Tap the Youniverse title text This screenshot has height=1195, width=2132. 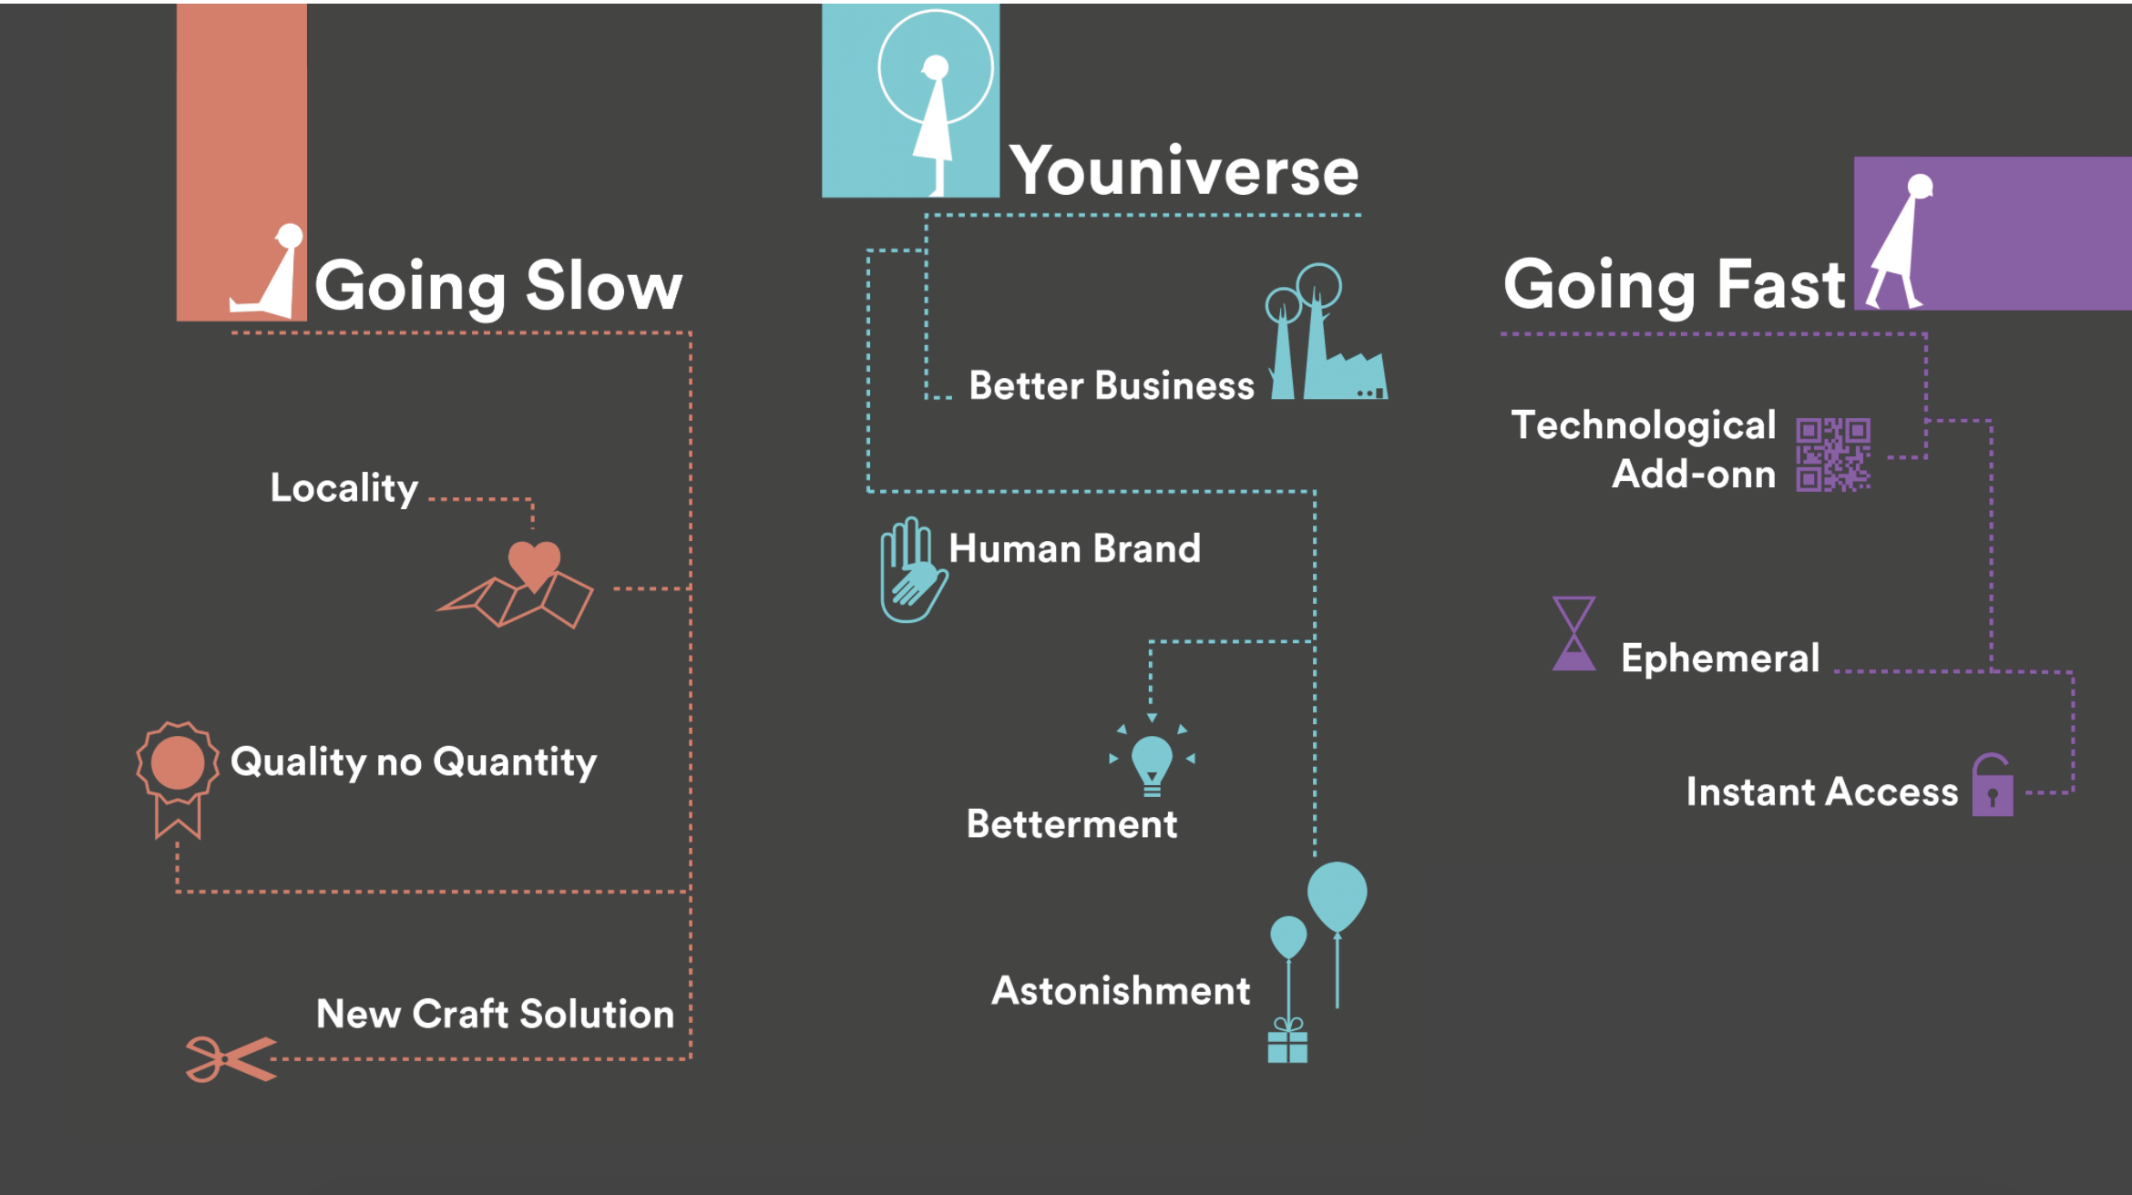[x=1184, y=170]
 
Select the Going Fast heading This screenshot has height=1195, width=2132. [x=1675, y=286]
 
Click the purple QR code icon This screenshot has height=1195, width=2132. [x=1833, y=455]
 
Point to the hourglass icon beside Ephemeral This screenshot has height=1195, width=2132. [x=1573, y=634]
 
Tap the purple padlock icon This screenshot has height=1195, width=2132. [x=1993, y=785]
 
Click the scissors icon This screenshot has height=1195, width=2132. [x=231, y=1059]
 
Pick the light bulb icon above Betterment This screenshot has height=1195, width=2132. [x=1152, y=763]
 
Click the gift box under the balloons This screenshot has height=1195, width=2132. [x=1287, y=1041]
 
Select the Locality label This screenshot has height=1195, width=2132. [x=344, y=489]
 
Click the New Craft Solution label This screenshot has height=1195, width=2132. [x=495, y=1014]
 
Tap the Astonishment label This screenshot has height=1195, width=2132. [x=1121, y=991]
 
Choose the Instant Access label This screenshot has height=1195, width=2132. [x=1822, y=792]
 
